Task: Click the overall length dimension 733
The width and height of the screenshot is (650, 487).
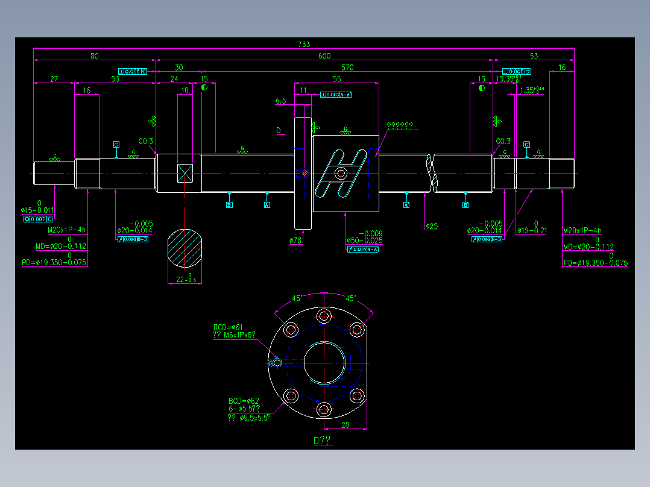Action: tap(304, 44)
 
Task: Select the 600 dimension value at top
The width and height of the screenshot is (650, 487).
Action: tap(324, 56)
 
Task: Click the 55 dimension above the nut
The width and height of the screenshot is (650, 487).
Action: tap(336, 79)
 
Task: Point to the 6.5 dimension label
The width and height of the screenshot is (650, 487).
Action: tap(280, 101)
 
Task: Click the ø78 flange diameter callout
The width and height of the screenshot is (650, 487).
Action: tap(295, 240)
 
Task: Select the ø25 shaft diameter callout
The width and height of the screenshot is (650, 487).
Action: tap(431, 227)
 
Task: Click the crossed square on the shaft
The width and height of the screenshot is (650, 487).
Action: tap(185, 173)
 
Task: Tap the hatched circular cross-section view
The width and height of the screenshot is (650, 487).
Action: tap(185, 248)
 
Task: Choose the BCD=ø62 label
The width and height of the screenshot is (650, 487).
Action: tap(243, 401)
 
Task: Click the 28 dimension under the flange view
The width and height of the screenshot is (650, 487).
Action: tap(345, 425)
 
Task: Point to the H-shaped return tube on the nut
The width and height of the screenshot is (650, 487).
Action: tap(342, 173)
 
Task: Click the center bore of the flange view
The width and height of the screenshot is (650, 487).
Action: tap(324, 363)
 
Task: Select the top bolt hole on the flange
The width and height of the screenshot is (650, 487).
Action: tap(324, 315)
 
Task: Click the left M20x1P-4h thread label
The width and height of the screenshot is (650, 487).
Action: tap(66, 230)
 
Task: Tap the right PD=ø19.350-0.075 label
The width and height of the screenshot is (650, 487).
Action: tap(595, 263)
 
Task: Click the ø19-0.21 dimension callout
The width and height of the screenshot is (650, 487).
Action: tap(532, 230)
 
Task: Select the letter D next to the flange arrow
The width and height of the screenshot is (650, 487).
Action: tap(278, 130)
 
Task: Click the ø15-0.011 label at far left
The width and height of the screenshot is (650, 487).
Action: tap(37, 210)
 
